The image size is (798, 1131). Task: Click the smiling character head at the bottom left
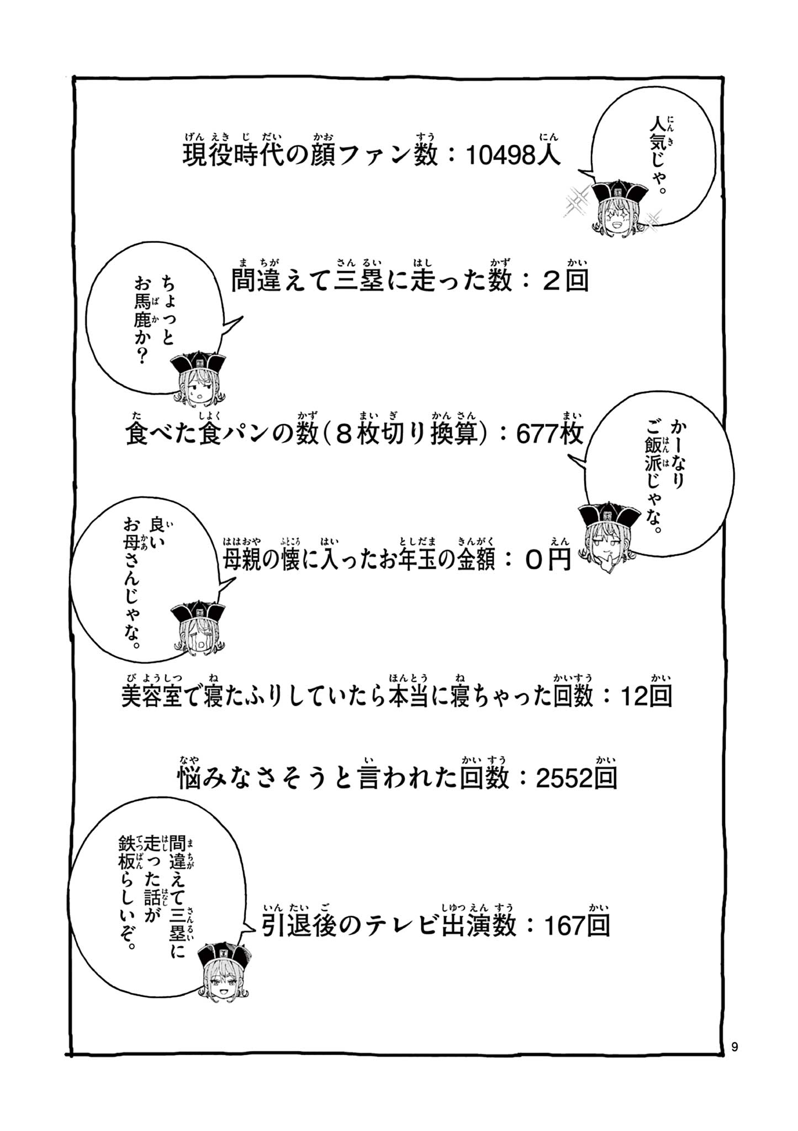(223, 970)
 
